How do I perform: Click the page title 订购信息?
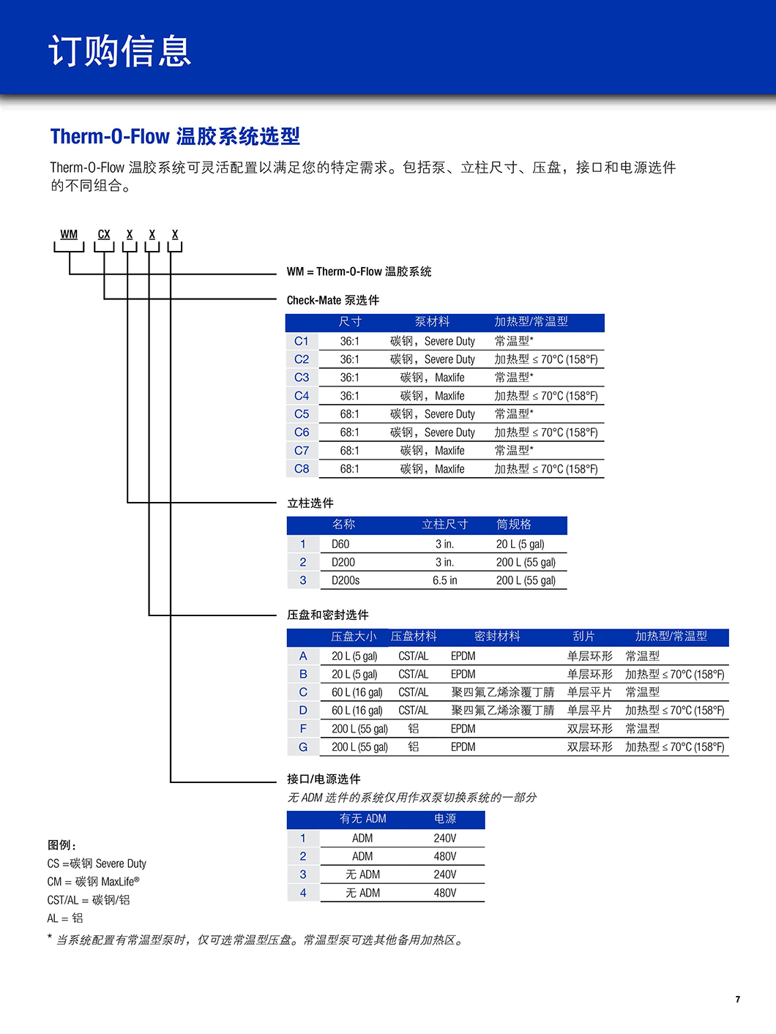coord(119,50)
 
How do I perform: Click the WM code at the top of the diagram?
coord(69,234)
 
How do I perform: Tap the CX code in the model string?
coord(104,234)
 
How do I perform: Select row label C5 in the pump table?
coord(302,414)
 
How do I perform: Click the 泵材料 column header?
coord(432,322)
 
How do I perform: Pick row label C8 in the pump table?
coord(302,469)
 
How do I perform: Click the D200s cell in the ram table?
coord(346,580)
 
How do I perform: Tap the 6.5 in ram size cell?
coord(445,580)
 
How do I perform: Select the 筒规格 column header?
coord(514,524)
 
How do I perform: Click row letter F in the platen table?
coord(303,729)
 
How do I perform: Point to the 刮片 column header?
coord(583,637)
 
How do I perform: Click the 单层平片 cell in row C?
coord(589,692)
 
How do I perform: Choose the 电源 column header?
coord(445,819)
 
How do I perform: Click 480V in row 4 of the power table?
coord(445,893)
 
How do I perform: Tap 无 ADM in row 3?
coord(362,874)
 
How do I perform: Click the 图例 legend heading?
coord(61,845)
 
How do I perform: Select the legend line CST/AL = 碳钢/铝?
coord(88,900)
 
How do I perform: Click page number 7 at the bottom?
coord(738,999)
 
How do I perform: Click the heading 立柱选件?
coord(310,503)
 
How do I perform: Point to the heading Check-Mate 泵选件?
coord(332,300)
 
